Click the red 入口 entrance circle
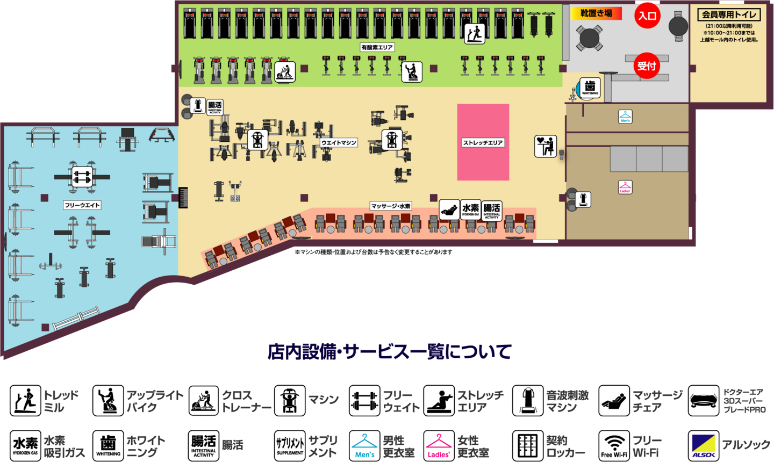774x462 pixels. coord(647,16)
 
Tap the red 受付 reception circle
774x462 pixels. coord(647,66)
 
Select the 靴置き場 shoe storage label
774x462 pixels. coord(596,13)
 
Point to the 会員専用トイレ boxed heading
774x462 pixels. coord(729,15)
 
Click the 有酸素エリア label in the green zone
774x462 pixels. coord(377,47)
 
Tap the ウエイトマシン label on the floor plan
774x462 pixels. coord(339,142)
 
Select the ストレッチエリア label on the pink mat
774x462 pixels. coord(483,142)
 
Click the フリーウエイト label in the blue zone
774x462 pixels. coord(82,205)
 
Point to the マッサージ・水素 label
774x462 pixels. coord(391,206)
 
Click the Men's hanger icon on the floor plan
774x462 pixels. coord(625,117)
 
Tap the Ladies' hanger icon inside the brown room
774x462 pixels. coord(625,187)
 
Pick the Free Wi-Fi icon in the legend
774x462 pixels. coord(614,445)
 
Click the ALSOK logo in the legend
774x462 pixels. coord(704,445)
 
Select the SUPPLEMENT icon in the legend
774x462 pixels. coord(290,445)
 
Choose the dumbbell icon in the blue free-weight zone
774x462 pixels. coord(82,177)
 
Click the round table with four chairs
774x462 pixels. coord(589,38)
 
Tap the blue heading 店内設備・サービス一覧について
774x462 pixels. coord(389,352)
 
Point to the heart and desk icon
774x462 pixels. coord(545,146)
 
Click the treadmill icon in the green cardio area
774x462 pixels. coord(475,33)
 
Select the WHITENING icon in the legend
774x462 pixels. coord(108,445)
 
